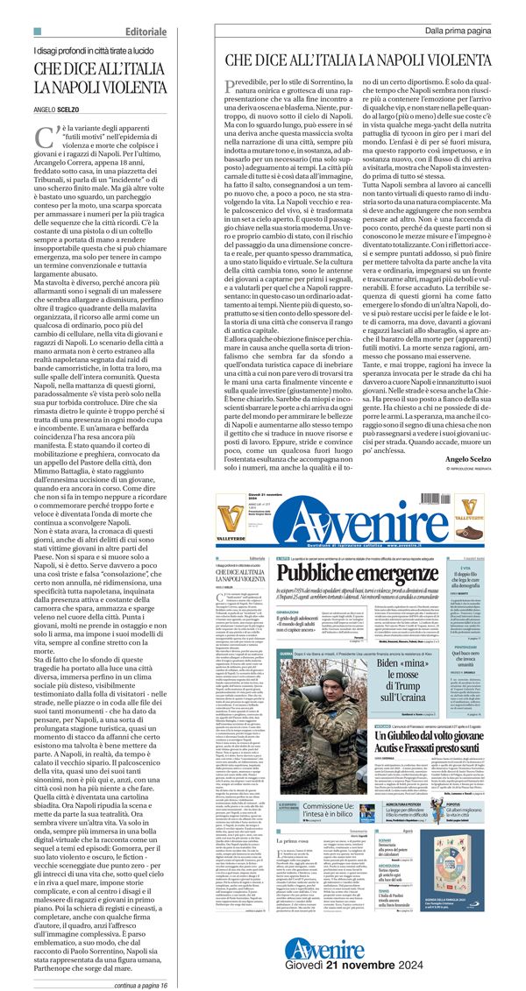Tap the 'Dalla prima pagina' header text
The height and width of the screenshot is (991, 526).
[458, 31]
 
